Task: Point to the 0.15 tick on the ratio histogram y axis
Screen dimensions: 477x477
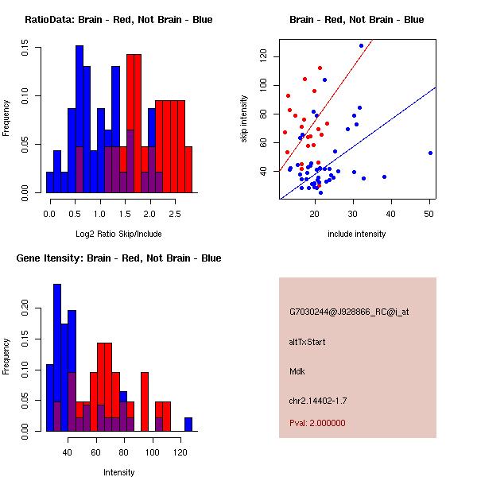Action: coord(39,49)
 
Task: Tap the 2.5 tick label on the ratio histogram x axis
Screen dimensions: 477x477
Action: coord(173,215)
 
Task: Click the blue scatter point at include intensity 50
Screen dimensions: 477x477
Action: coord(430,153)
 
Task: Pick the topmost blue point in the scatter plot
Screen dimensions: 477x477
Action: coord(361,46)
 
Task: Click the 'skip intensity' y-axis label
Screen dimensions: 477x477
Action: coord(244,119)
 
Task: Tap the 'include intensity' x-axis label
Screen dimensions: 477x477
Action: coord(357,234)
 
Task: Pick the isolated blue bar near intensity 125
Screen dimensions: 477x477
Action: coord(188,424)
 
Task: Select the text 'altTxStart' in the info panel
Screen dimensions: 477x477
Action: coord(308,342)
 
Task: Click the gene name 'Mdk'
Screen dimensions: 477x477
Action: coord(297,371)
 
